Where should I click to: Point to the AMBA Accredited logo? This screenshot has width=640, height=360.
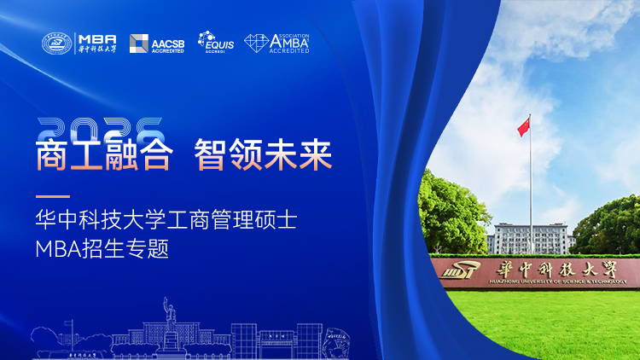276,43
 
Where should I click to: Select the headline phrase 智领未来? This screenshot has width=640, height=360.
263,156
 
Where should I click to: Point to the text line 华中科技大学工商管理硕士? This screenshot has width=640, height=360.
166,223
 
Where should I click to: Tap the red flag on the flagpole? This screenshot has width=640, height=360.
523,128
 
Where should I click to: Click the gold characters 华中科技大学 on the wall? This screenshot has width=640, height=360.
555,267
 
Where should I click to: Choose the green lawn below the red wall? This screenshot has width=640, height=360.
546,324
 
